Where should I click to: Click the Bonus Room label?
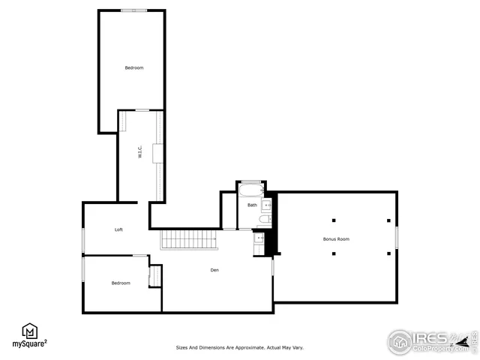[x=336, y=239]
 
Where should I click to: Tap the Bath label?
[x=252, y=205]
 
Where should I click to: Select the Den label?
[x=214, y=270]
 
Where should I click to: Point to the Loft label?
[x=118, y=229]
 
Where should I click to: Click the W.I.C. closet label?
[x=139, y=153]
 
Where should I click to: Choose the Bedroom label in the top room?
[x=133, y=68]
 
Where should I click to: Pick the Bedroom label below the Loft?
[x=121, y=283]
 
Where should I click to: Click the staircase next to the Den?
[x=189, y=240]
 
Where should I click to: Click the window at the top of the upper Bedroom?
[x=133, y=10]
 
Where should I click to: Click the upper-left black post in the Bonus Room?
[x=334, y=220]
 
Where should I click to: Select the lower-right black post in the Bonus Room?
[x=388, y=253]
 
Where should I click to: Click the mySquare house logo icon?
[x=30, y=330]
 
